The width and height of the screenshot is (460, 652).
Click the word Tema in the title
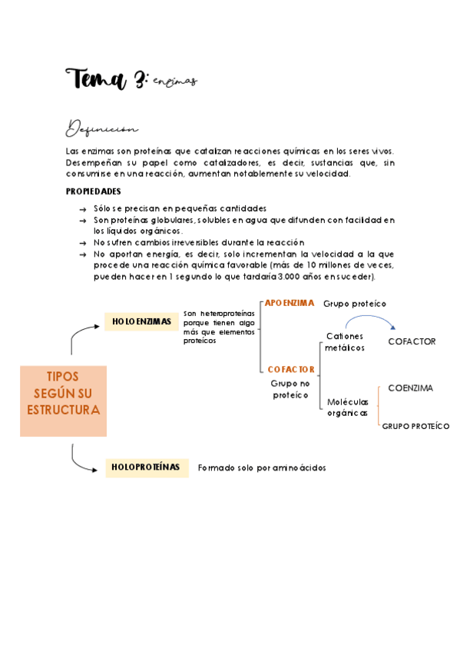(x=95, y=78)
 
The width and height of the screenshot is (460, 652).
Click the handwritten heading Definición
(x=101, y=127)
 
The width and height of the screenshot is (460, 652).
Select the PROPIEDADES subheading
(x=93, y=191)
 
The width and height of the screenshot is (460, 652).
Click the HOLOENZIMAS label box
(x=141, y=321)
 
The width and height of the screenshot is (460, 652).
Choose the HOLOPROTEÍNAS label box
(x=146, y=467)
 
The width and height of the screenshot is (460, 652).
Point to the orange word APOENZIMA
(x=290, y=303)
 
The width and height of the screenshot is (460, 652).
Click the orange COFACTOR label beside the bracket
(x=291, y=369)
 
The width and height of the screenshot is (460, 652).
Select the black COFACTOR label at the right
(x=412, y=341)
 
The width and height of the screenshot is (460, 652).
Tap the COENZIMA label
(x=410, y=388)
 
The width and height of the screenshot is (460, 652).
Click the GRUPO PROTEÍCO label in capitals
(x=415, y=426)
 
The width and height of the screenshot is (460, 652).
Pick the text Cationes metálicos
(x=345, y=342)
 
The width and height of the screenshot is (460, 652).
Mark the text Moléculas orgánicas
(x=348, y=407)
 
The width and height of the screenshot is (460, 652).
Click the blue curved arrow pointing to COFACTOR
(x=370, y=320)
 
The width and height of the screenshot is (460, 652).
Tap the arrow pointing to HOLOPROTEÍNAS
(x=83, y=460)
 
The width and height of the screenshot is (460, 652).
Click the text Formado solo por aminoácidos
(x=262, y=467)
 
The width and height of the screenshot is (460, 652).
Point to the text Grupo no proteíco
(x=291, y=388)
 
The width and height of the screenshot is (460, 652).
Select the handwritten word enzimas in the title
(x=175, y=81)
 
